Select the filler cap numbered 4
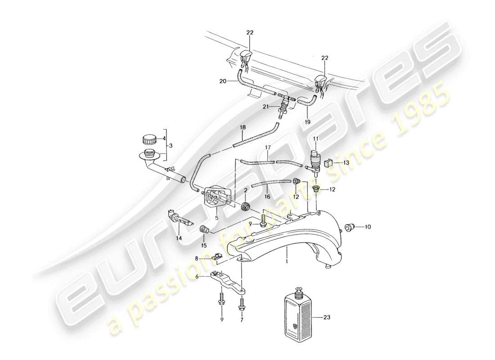[148, 139]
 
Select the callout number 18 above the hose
[243, 128]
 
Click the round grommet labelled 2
[245, 207]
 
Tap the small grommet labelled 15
[204, 230]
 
